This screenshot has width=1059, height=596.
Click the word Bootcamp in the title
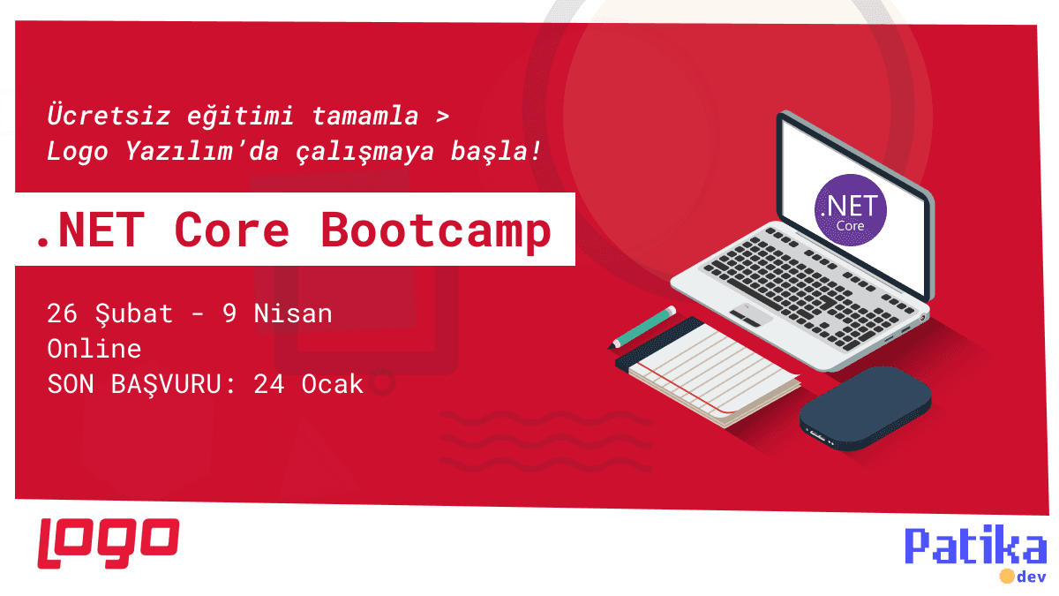pyautogui.click(x=436, y=230)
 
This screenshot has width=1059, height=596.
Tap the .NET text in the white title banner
pyautogui.click(x=87, y=230)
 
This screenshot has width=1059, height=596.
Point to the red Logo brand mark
pyautogui.click(x=109, y=542)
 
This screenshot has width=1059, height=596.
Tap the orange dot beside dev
pyautogui.click(x=1006, y=577)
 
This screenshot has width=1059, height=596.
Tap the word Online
pyautogui.click(x=94, y=349)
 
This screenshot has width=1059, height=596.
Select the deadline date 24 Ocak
pyautogui.click(x=308, y=384)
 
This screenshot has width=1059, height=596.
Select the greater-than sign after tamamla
pyautogui.click(x=442, y=116)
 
